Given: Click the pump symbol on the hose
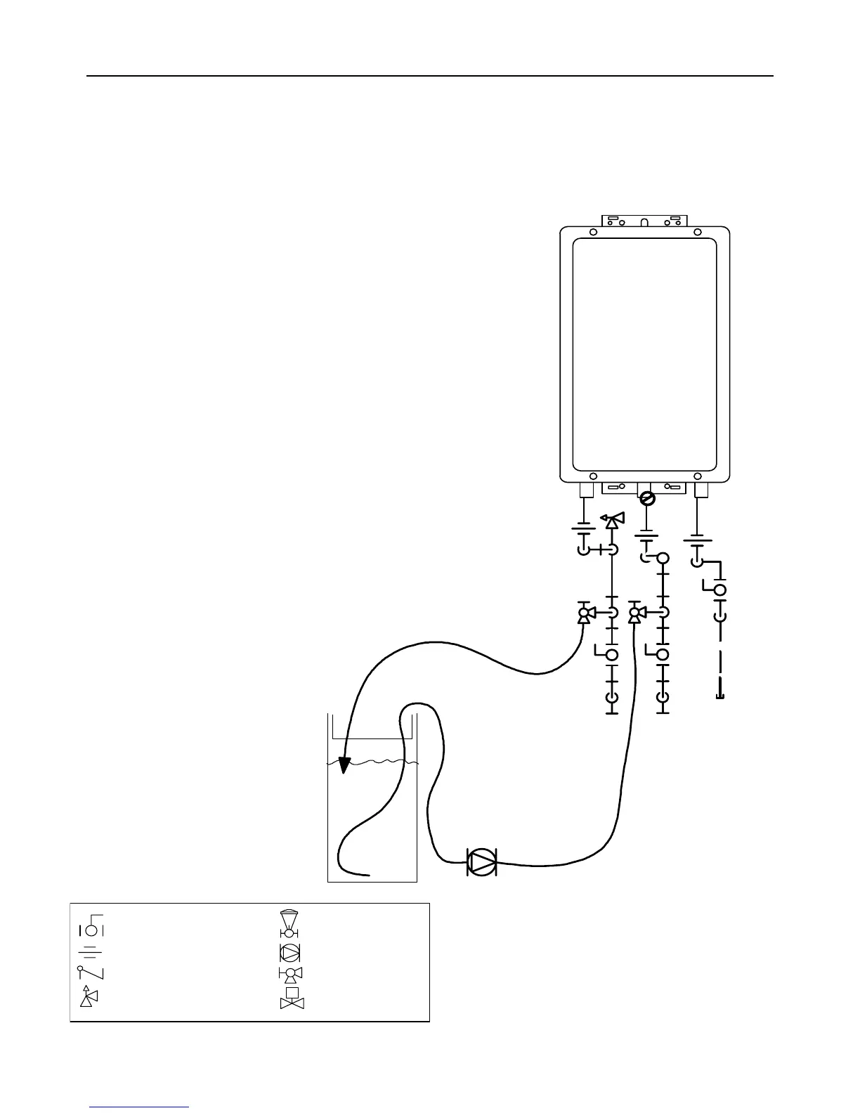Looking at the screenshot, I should (482, 861).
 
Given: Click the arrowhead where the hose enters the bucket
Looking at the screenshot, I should (344, 764).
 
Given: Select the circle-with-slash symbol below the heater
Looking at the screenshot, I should (649, 498).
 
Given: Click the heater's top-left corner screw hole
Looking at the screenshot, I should (593, 233).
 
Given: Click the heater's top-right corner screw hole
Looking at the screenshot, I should (697, 233).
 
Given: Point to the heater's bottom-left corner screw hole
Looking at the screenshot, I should (593, 476).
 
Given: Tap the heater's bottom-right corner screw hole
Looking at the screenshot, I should (697, 476).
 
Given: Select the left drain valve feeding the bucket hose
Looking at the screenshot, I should (584, 613).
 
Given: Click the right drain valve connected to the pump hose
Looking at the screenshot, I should (635, 613).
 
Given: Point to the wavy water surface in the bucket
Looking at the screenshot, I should (372, 762).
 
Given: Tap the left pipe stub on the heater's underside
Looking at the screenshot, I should (584, 490).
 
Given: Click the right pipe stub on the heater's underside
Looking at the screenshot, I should (700, 490).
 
